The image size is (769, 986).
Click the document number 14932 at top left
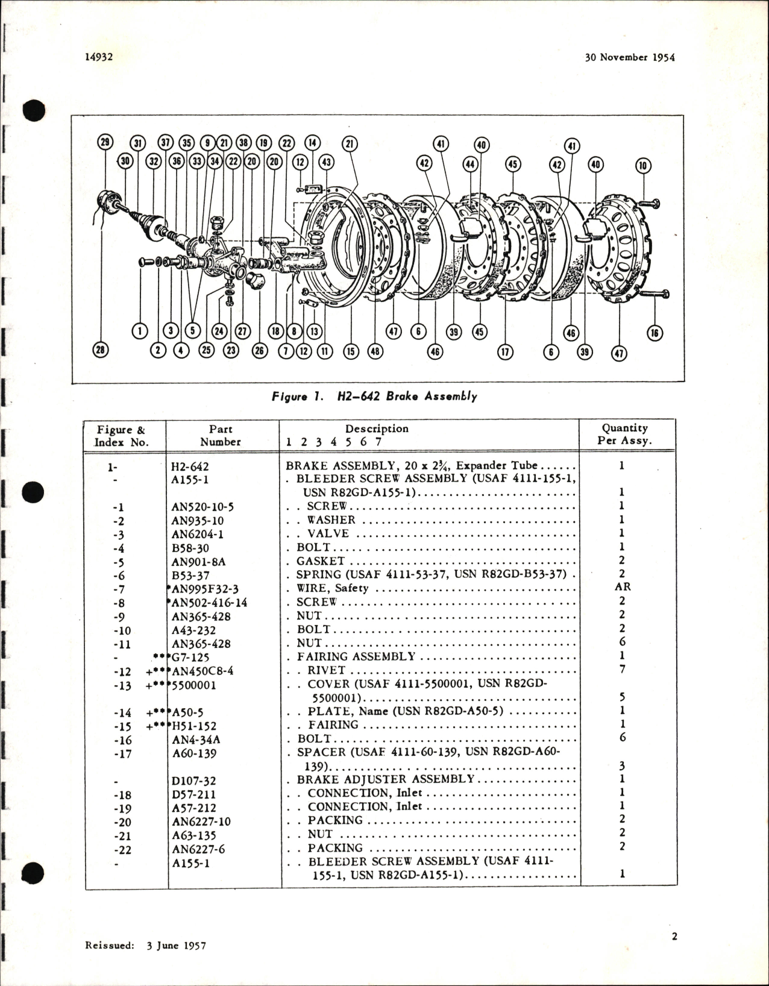pos(99,57)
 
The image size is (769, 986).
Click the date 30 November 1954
pos(629,57)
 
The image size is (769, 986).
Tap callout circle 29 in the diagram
pos(105,142)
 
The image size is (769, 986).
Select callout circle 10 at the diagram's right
pos(644,165)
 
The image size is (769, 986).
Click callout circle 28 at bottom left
pos(101,350)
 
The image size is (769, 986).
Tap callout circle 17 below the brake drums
pos(505,352)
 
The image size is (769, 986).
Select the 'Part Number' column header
pos(220,435)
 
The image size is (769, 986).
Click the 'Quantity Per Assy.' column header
pos(624,434)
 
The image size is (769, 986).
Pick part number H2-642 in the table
pos(190,466)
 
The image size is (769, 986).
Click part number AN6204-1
pos(198,534)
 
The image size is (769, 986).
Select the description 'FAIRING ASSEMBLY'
pos(356,656)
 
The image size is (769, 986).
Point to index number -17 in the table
pos(122,753)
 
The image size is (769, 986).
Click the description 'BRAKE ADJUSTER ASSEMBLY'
pos(386,779)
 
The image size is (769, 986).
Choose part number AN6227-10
pos(201,821)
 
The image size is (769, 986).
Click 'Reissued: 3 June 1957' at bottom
pos(145,945)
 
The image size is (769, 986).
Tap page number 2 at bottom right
pos(674,936)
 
